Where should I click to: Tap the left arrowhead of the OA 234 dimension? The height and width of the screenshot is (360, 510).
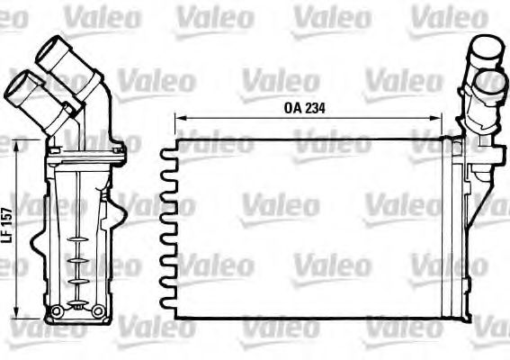[x=177, y=118]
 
